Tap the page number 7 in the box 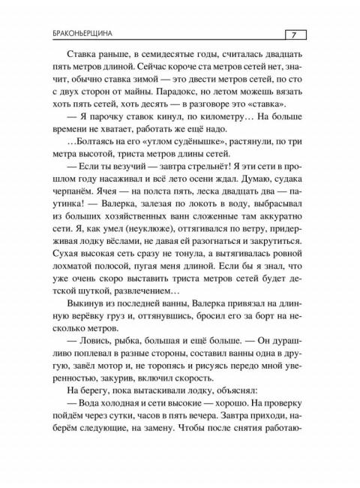(294, 34)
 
